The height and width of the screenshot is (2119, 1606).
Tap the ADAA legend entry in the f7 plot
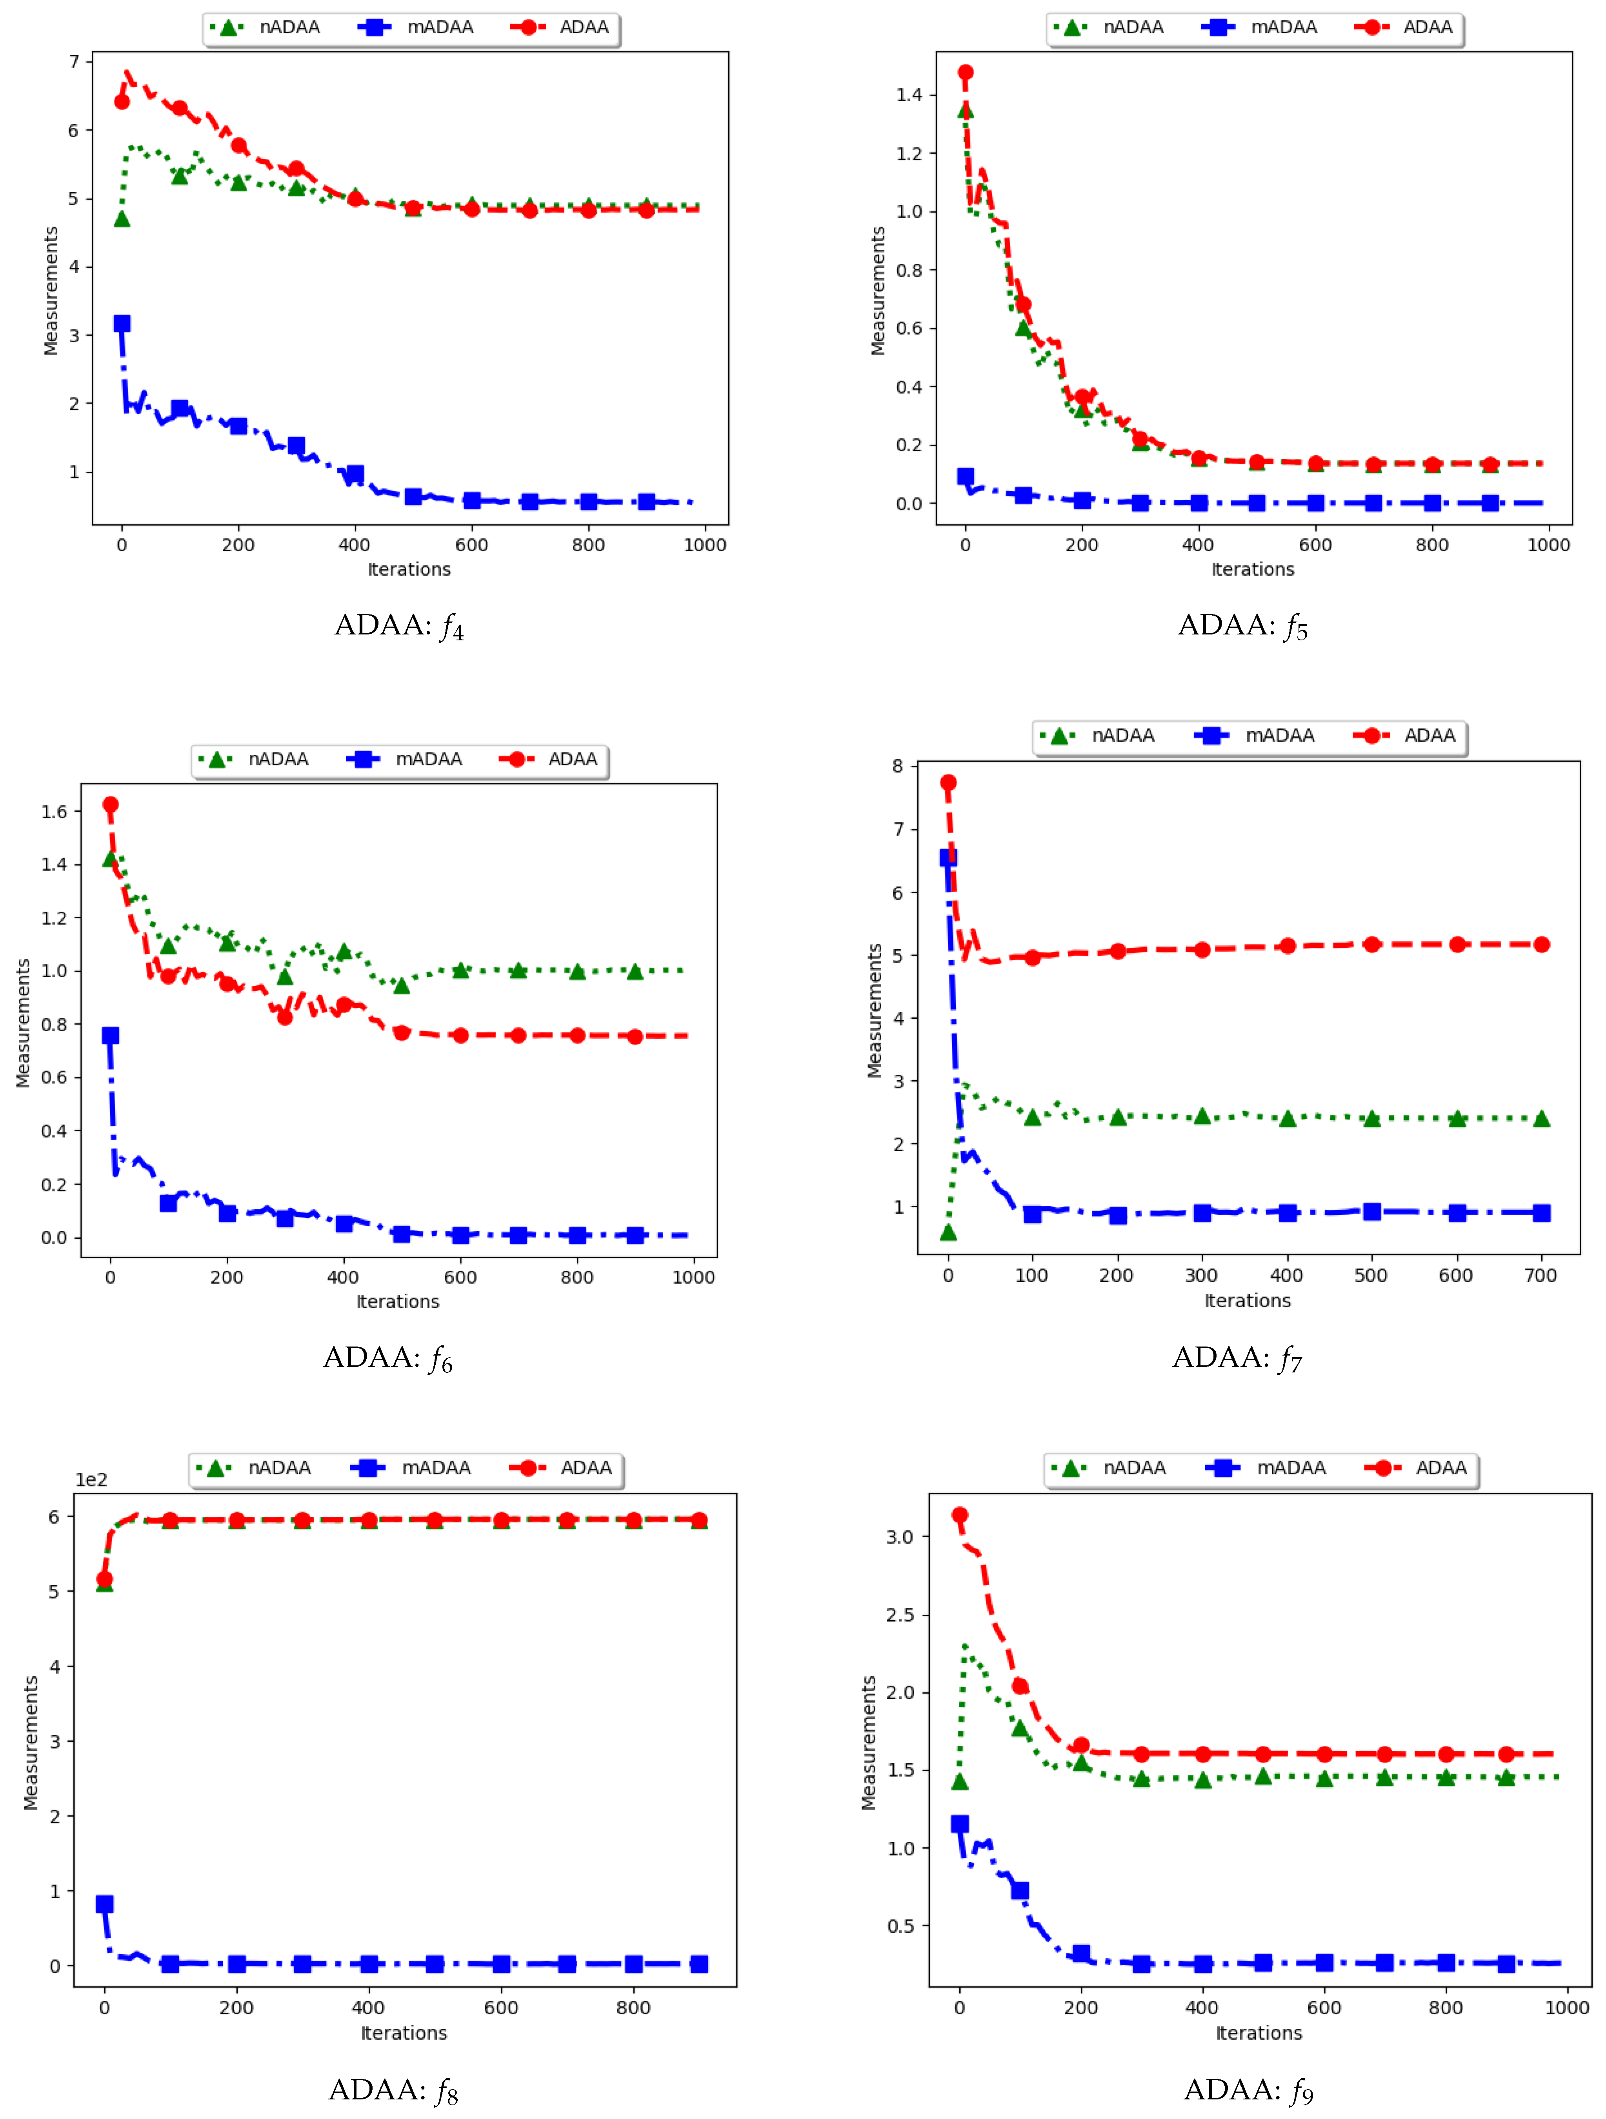click(1409, 736)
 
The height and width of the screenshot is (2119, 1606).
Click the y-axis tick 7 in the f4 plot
click(74, 61)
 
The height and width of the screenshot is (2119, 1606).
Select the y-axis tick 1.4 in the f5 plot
click(908, 95)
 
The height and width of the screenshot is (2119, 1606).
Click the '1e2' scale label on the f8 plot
click(91, 1480)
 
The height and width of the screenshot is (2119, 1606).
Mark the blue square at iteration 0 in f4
click(122, 324)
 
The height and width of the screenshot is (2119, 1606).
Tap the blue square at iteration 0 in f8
click(104, 1903)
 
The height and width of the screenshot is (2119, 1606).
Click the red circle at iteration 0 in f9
click(959, 1516)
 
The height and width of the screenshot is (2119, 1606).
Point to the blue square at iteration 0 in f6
click(110, 1036)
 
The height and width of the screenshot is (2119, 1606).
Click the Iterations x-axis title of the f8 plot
click(404, 2033)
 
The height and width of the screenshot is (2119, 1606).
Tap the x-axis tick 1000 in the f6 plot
click(693, 1277)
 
